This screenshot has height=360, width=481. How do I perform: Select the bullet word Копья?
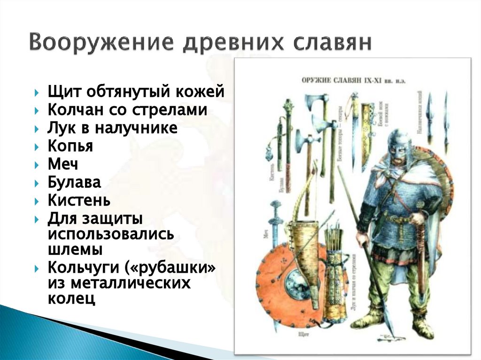pos(70,146)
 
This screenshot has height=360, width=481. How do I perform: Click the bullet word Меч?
pos(63,164)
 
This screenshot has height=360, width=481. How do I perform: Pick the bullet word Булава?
pos(74,183)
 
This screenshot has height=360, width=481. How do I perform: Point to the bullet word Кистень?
pos(79,201)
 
